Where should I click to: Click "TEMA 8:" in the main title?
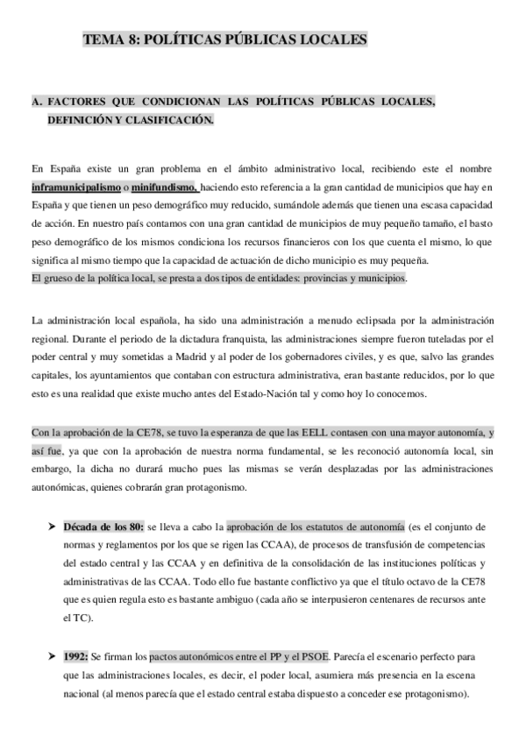pyautogui.click(x=110, y=40)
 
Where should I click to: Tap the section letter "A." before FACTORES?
pyautogui.click(x=36, y=102)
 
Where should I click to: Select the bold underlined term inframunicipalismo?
pyautogui.click(x=75, y=188)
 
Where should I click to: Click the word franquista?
pyautogui.click(x=224, y=338)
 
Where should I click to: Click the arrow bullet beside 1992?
pyautogui.click(x=51, y=656)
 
